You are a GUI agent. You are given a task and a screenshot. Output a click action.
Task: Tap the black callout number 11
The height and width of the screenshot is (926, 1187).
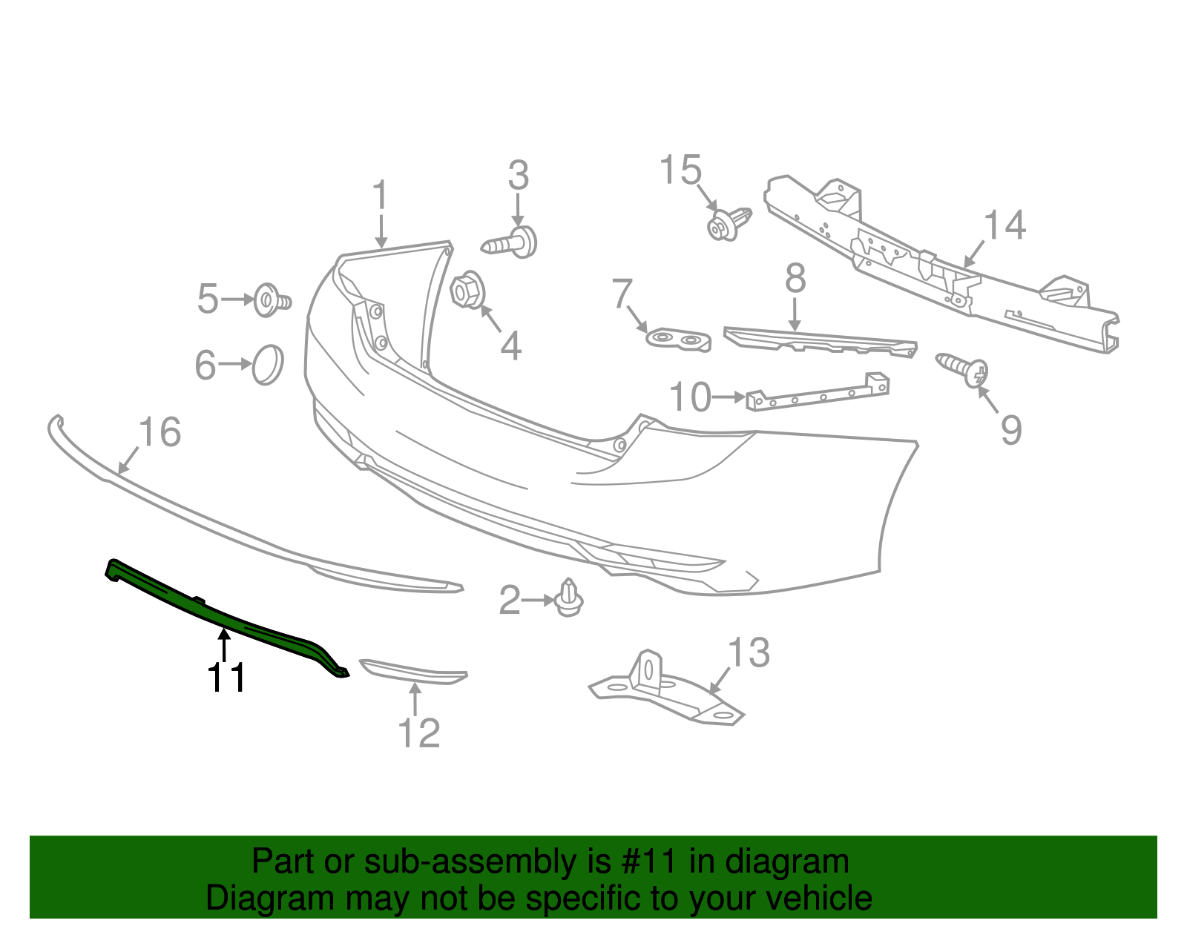[226, 678]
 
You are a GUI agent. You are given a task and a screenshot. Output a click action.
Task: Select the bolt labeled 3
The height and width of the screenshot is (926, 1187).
[512, 243]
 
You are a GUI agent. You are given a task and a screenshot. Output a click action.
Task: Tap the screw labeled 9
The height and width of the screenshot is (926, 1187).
[962, 368]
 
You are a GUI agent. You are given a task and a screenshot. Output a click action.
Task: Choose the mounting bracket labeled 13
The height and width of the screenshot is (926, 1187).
[664, 689]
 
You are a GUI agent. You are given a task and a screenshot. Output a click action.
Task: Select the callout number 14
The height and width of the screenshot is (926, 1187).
[1004, 225]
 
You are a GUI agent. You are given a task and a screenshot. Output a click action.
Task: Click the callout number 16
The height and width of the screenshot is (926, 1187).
[160, 433]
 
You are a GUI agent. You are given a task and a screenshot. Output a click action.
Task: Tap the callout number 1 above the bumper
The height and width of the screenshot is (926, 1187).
[380, 196]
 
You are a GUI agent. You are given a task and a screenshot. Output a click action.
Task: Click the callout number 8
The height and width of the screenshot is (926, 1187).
[795, 280]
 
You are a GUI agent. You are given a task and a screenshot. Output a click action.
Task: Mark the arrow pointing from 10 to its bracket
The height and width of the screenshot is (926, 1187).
[729, 397]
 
